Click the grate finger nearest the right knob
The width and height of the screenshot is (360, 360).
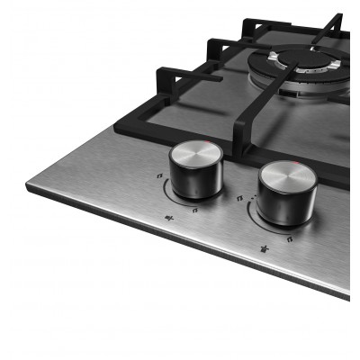[x=241, y=126]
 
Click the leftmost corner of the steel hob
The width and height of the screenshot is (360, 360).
[x=28, y=188]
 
